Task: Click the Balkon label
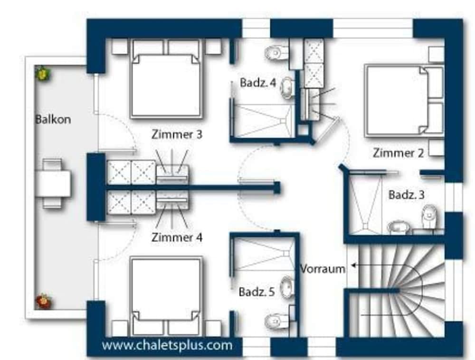click(53, 119)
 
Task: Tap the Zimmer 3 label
click(177, 134)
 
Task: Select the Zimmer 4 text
click(177, 237)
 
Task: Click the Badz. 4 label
click(258, 82)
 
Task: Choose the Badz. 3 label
click(406, 195)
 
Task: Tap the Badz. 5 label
click(257, 292)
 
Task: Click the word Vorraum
click(323, 268)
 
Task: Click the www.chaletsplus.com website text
click(167, 345)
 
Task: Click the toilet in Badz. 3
click(429, 216)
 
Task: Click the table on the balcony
click(54, 183)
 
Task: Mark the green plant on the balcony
click(43, 74)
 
